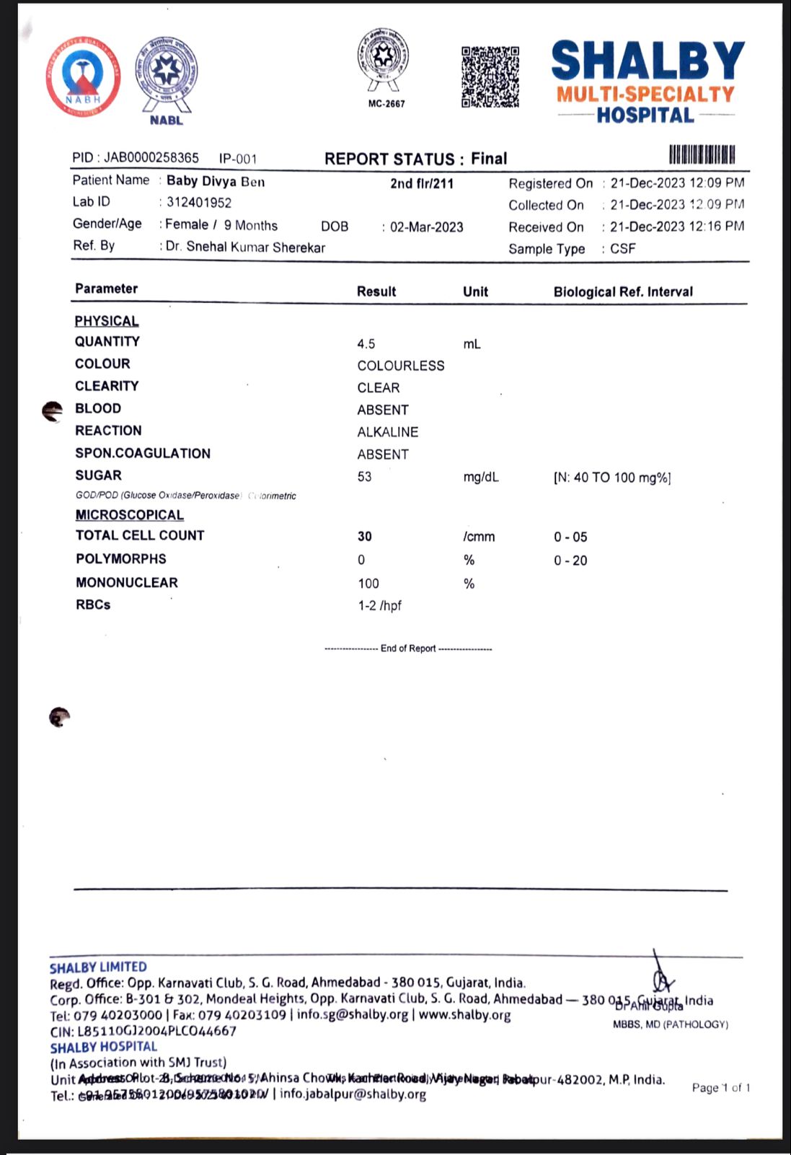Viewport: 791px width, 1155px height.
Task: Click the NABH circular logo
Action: click(83, 76)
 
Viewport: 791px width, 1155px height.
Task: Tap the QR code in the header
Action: click(490, 76)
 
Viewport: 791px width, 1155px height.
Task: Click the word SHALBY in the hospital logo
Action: click(648, 61)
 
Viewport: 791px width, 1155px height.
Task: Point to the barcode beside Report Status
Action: click(702, 155)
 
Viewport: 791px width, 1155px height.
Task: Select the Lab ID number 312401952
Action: click(199, 203)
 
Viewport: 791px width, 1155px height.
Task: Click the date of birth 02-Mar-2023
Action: click(427, 227)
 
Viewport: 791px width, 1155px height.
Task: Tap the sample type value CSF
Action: click(623, 249)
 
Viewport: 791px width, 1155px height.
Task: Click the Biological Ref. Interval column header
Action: click(623, 291)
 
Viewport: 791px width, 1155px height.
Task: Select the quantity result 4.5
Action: click(366, 344)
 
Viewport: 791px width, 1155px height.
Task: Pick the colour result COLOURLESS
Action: click(401, 366)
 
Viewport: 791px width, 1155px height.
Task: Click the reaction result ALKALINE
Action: click(388, 432)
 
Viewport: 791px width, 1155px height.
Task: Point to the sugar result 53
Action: click(365, 477)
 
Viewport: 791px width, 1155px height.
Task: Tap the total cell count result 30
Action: click(365, 537)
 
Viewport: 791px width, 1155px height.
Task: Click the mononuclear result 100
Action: click(368, 584)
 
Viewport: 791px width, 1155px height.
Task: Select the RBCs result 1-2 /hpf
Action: click(380, 606)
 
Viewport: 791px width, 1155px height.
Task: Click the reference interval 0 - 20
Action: click(570, 561)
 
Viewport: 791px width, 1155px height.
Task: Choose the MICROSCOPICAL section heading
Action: click(130, 515)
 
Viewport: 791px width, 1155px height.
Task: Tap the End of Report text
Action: click(408, 649)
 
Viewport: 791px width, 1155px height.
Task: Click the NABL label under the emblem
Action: click(167, 120)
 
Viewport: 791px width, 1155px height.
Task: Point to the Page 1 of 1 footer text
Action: click(721, 1088)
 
